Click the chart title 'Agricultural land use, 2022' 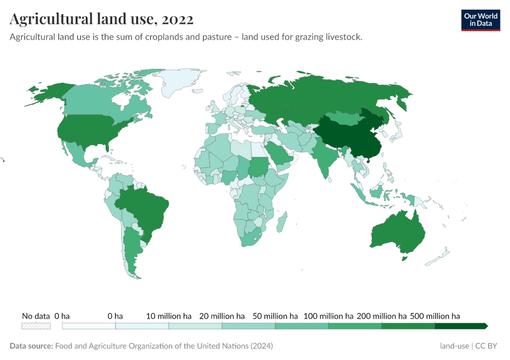(101, 19)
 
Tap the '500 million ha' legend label (434, 316)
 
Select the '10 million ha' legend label (169, 316)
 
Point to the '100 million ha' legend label (328, 316)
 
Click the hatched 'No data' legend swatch (36, 326)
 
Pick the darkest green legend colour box (460, 326)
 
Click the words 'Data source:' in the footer (31, 346)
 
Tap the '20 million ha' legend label (222, 316)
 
